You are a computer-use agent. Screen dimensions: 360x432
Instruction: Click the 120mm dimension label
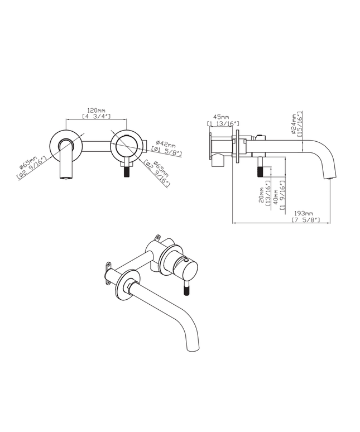97,111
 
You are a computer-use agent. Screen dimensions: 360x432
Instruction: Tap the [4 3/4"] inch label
97,116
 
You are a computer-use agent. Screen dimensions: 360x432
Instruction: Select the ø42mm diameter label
166,144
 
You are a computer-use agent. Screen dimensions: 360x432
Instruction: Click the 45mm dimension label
222,117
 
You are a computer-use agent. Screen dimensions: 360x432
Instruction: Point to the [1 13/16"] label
223,123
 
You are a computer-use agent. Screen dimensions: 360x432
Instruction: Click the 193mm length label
304,214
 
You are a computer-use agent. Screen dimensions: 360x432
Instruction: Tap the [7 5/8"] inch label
306,219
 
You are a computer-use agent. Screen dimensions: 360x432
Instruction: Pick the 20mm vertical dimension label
262,195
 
